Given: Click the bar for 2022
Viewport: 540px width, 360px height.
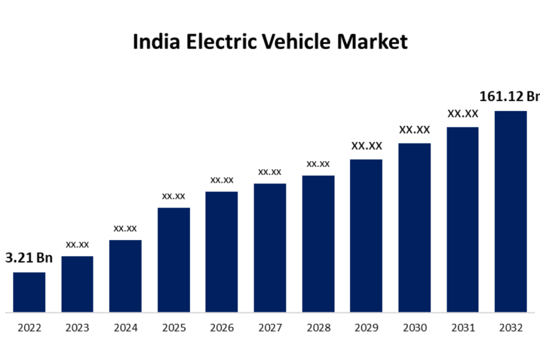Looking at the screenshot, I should tap(29, 292).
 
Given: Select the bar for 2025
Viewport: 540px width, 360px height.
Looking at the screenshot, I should tap(173, 259).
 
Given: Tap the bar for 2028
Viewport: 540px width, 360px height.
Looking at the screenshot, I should tap(318, 244).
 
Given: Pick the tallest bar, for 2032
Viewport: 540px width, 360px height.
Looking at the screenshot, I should tap(510, 211).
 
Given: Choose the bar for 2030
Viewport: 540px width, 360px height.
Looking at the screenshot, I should tap(414, 227).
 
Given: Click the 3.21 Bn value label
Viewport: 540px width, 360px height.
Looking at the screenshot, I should tap(29, 258).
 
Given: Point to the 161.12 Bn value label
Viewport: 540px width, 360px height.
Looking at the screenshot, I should tap(509, 96).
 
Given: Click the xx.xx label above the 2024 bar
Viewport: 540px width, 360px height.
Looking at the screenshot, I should tap(125, 228).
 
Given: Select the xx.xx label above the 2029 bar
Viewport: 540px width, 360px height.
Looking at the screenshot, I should tap(367, 146).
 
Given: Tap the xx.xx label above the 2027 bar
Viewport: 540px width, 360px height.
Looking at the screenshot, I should tap(269, 172).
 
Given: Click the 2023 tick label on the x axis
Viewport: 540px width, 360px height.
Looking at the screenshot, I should tap(77, 328).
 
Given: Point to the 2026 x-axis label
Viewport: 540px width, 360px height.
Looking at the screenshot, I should tap(221, 328).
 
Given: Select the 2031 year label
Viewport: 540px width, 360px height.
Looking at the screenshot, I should tap(462, 328).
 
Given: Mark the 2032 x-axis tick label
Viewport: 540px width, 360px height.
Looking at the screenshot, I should tap(510, 328).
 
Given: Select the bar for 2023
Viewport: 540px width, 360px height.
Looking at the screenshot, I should tap(77, 284).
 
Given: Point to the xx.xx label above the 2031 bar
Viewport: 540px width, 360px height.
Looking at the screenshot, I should tap(462, 113).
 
